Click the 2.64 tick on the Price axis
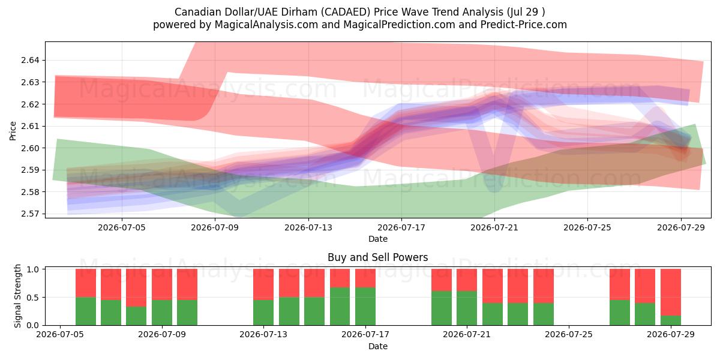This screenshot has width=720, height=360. coord(30,61)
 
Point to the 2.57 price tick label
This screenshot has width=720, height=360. coord(30,214)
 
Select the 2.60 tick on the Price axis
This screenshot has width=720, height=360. coord(30,148)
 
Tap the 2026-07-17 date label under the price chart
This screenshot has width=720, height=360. coord(401,227)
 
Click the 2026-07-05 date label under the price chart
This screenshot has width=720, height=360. coord(122,227)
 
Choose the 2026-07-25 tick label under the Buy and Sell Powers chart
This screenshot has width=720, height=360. coord(569,335)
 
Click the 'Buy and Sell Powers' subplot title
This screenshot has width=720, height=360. coord(377,257)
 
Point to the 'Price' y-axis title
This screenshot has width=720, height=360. coord(13,131)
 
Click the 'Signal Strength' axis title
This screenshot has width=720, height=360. coord(17,296)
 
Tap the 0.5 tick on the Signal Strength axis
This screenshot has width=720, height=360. coord(33,298)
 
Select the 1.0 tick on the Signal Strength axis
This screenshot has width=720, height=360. coord(33,269)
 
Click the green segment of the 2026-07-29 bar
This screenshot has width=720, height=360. coord(671,320)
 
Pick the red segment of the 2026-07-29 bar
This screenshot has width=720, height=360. coord(671,292)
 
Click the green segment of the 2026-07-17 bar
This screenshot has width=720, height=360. coord(365,307)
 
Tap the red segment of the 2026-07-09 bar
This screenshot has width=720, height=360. coord(161,284)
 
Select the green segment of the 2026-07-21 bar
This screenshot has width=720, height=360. coord(467,308)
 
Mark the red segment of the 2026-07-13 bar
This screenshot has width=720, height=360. coord(263,284)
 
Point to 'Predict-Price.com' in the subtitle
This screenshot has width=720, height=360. coord(524,25)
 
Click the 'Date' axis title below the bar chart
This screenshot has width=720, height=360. coord(377,347)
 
